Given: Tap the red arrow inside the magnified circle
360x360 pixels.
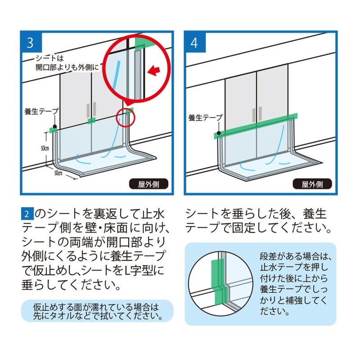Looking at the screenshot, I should tap(154, 70).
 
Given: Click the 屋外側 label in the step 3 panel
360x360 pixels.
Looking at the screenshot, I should tap(148, 184).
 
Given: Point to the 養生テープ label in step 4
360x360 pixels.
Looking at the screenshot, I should tap(205, 118).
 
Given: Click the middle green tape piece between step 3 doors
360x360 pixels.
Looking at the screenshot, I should tap(91, 120).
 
